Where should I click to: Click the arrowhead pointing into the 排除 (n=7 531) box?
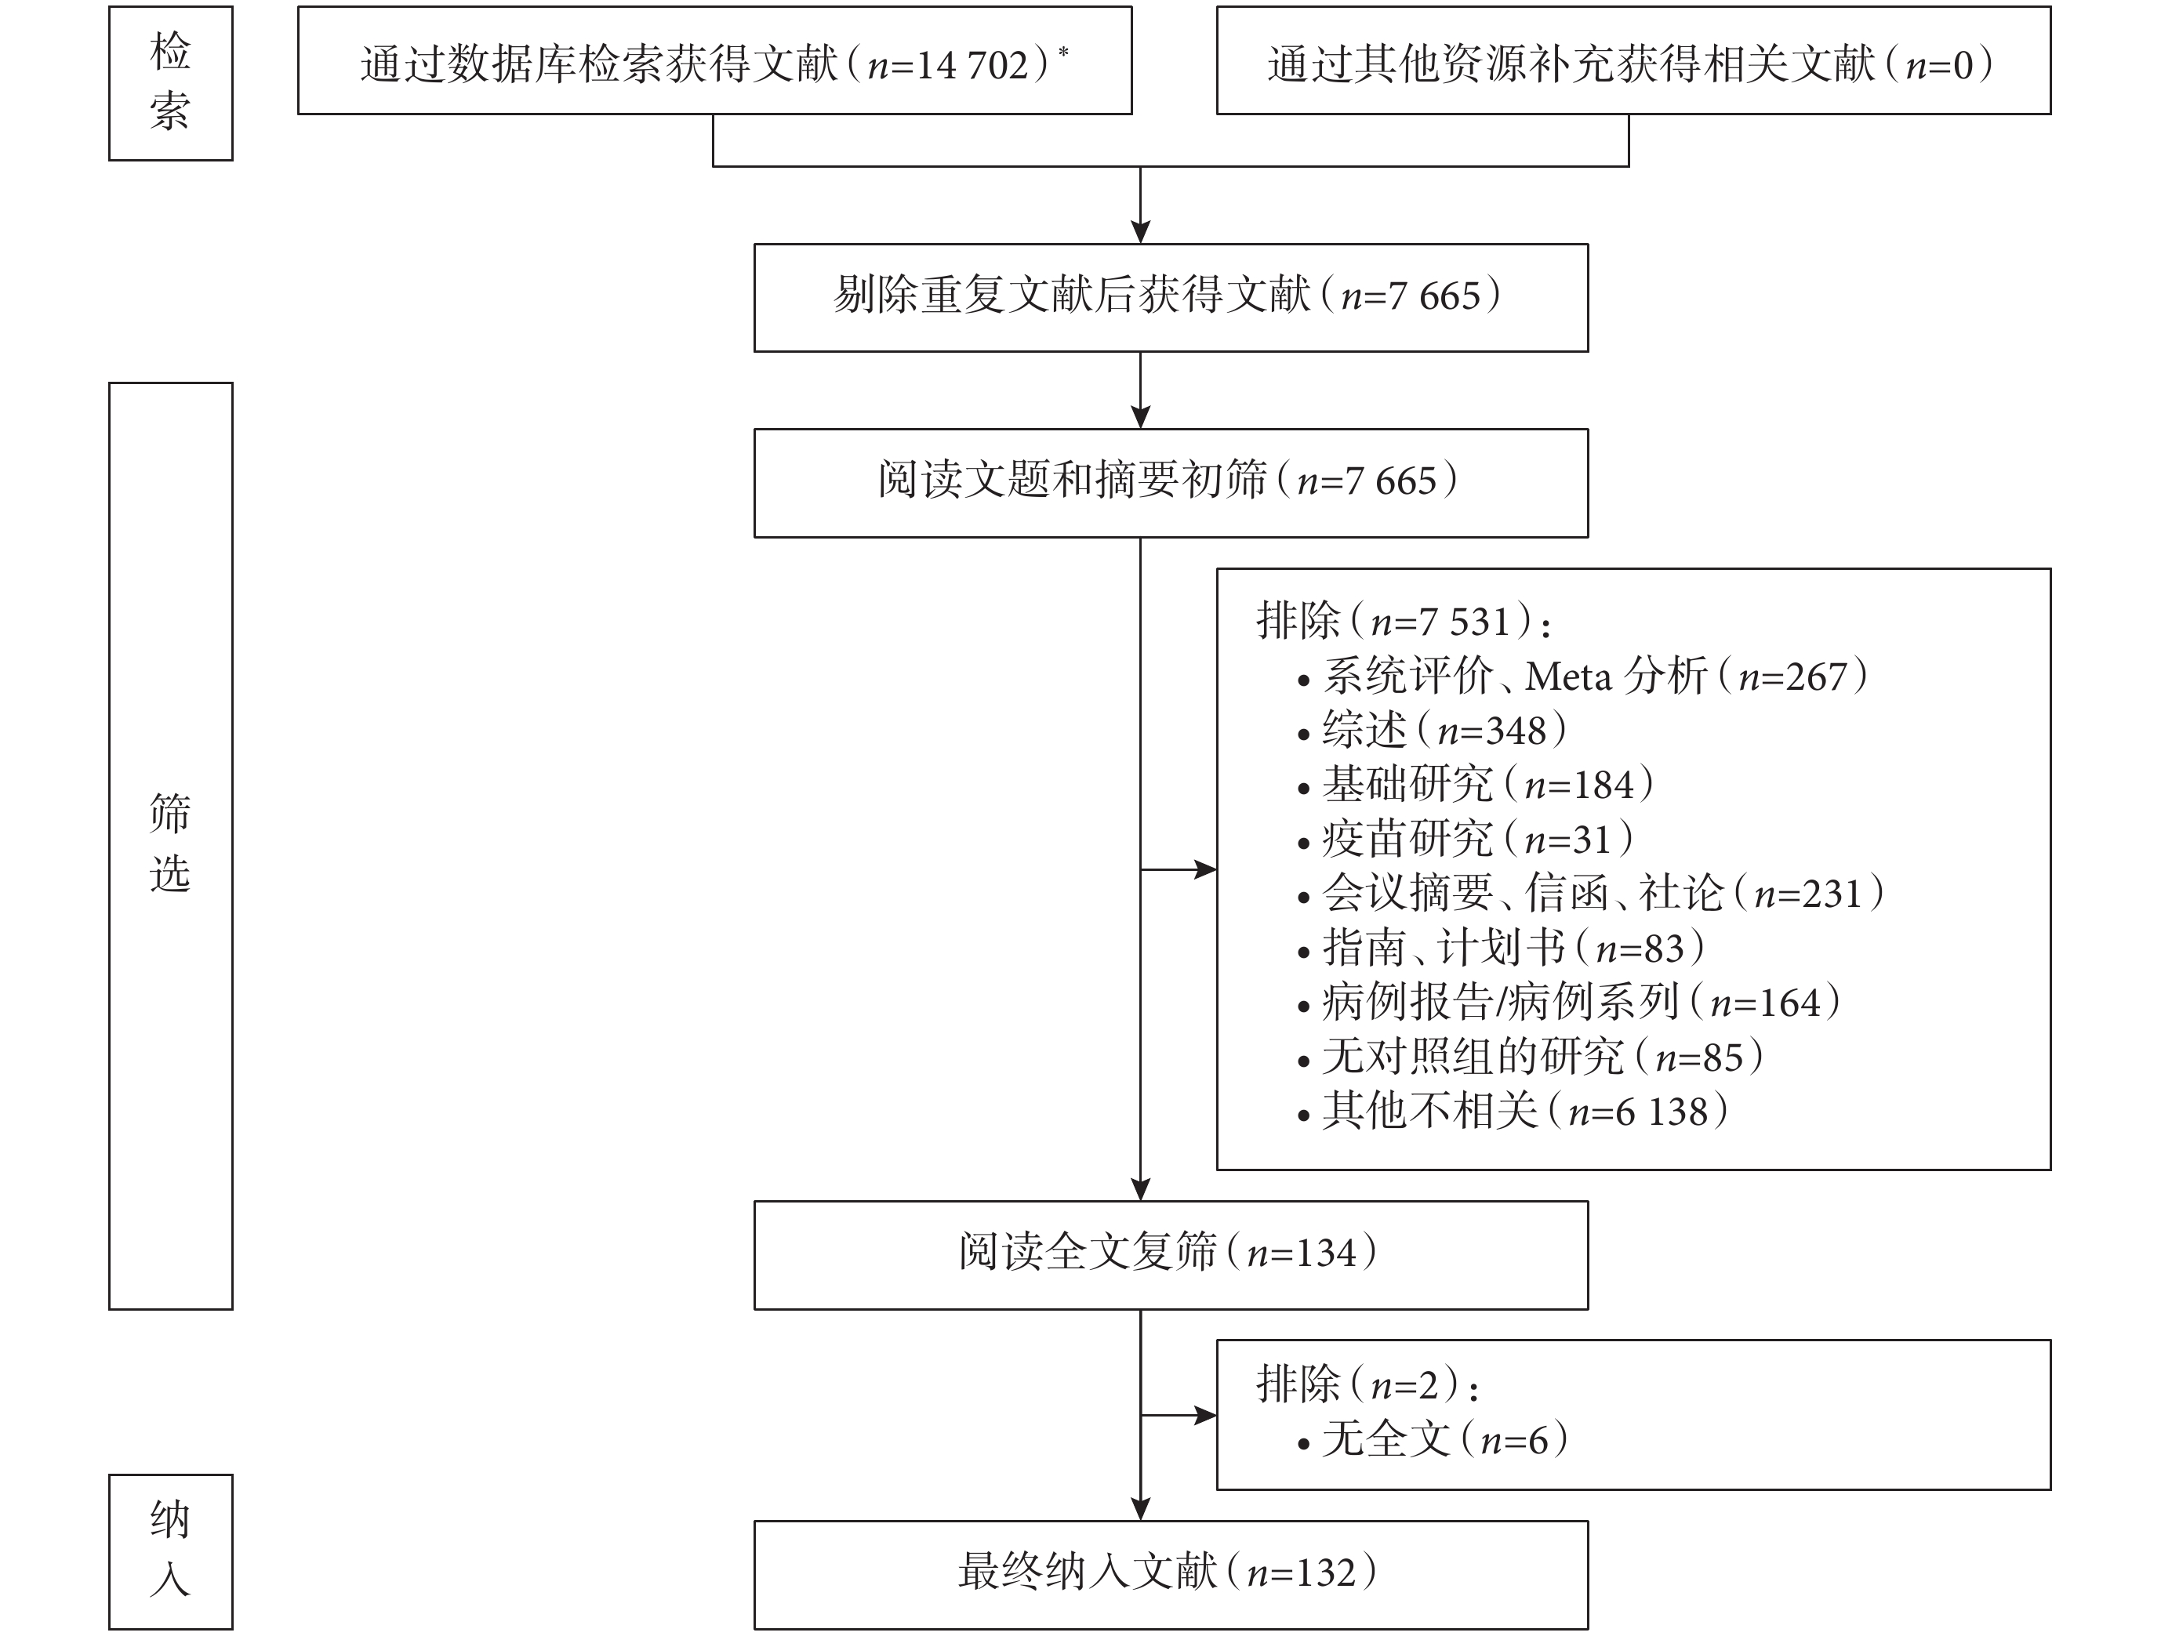click(x=1205, y=869)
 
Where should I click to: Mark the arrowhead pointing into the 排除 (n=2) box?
click(x=1205, y=1414)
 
